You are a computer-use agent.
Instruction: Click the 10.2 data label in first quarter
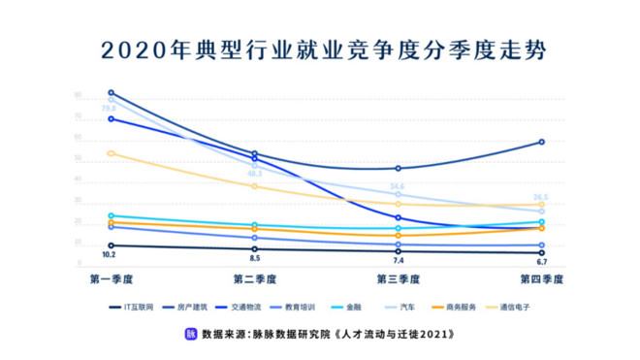tap(110, 255)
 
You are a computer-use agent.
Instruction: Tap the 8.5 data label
tap(254, 259)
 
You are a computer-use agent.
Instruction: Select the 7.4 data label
tap(398, 261)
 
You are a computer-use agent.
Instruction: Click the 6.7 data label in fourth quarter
tap(541, 262)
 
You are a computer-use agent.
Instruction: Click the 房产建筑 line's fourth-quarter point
tap(541, 142)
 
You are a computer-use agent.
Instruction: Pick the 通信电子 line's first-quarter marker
tap(112, 153)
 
